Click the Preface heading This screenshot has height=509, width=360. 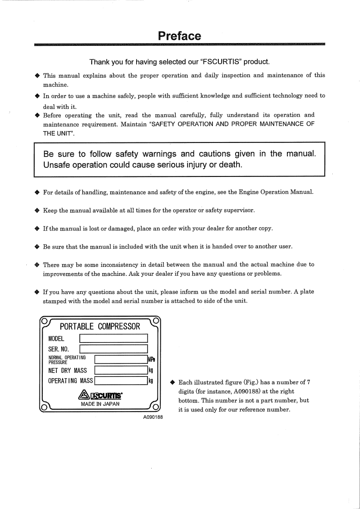point(180,36)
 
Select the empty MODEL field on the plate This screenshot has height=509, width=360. point(114,338)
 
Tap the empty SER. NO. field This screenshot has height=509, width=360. point(114,349)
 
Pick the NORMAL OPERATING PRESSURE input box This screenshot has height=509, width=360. point(121,360)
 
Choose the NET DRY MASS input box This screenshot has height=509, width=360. point(121,371)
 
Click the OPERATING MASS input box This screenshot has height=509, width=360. point(121,381)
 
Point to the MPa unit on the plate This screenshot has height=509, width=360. point(152,360)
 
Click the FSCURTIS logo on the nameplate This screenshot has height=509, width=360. point(100,394)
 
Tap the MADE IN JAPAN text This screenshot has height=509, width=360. point(100,404)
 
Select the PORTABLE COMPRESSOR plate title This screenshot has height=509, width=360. point(100,327)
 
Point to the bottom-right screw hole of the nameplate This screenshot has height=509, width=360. point(156,406)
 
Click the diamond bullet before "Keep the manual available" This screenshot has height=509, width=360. point(37,210)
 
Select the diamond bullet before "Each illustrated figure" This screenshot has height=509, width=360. point(173,382)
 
